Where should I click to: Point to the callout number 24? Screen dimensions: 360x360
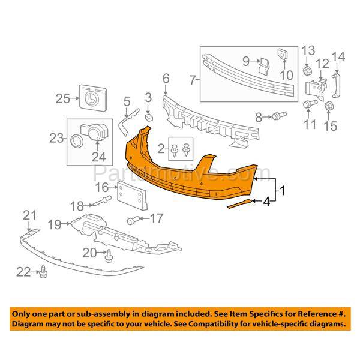[x=97, y=158]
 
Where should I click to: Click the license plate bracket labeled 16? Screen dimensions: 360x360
[x=127, y=195]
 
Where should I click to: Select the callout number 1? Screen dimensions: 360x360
[x=281, y=192]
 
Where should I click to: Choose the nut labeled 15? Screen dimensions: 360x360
[x=329, y=107]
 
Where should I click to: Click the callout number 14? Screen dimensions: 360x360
[x=339, y=57]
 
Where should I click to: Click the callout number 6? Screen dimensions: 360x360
[x=166, y=78]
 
